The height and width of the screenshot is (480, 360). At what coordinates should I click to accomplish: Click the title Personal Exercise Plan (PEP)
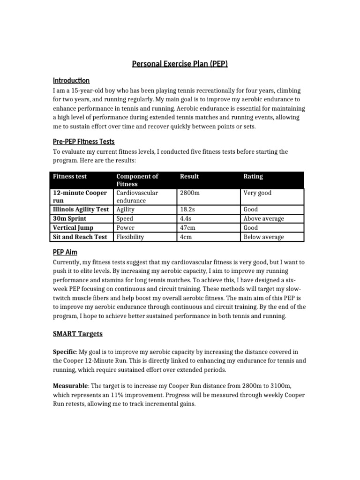coord(180,64)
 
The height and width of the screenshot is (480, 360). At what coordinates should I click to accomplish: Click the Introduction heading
coord(71,81)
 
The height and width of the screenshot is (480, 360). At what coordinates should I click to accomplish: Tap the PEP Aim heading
coord(65,252)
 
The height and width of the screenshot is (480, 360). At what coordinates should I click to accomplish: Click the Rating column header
coord(253,176)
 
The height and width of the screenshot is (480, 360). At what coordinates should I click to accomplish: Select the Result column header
coord(189,176)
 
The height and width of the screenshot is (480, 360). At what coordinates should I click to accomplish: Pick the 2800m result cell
coord(190,193)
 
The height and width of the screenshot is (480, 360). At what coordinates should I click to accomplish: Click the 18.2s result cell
coord(188,210)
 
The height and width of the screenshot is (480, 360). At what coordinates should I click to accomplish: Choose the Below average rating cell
coord(263,237)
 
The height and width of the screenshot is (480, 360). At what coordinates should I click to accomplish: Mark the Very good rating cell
coord(257,193)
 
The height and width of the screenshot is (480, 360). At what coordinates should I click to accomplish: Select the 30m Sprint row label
coord(70,218)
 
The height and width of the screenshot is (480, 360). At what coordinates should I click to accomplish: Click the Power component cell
coord(125,228)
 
